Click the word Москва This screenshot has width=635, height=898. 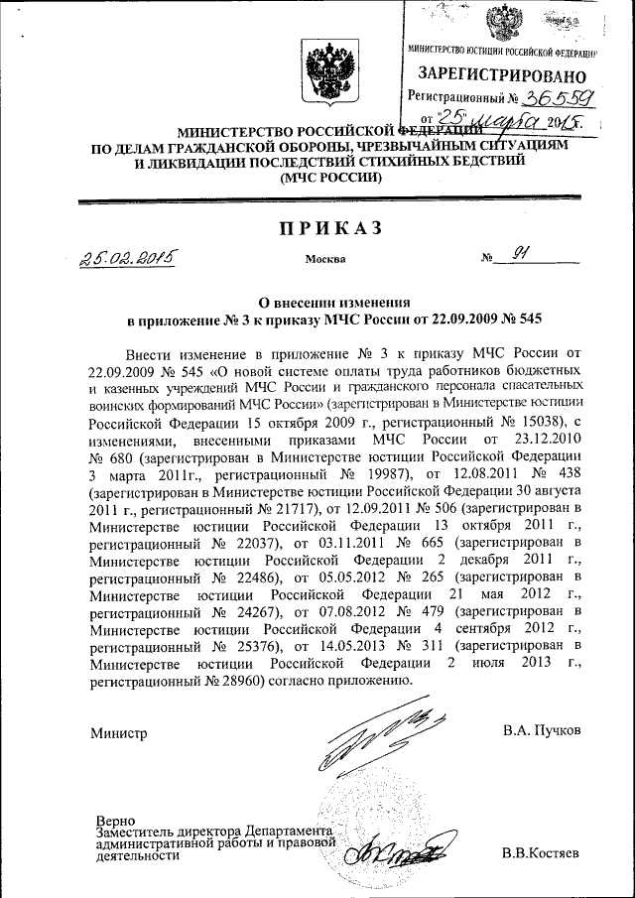click(326, 260)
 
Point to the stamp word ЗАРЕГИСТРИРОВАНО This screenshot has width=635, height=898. click(501, 74)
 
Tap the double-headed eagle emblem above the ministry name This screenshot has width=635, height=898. click(323, 72)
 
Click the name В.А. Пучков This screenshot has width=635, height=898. click(542, 731)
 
